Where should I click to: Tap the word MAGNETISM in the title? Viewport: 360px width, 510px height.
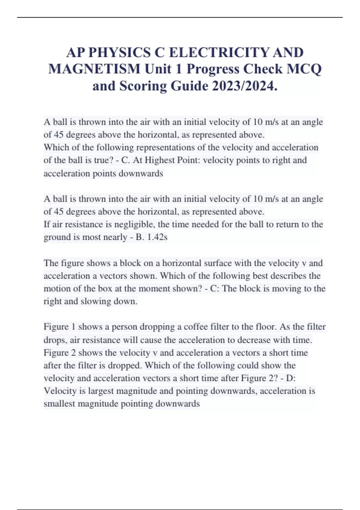(94, 69)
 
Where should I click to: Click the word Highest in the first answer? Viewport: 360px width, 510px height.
(160, 160)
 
